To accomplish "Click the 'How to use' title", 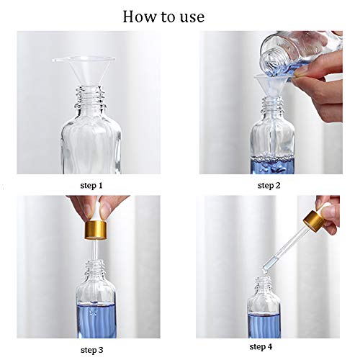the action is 163,17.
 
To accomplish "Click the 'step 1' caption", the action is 91,185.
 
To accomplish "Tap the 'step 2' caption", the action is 269,185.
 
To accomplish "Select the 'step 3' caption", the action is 92,350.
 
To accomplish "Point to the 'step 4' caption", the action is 261,347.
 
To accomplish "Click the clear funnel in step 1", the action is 84,70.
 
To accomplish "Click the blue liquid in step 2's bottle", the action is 273,165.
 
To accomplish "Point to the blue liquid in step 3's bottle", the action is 96,320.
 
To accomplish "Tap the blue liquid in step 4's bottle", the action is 264,325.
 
